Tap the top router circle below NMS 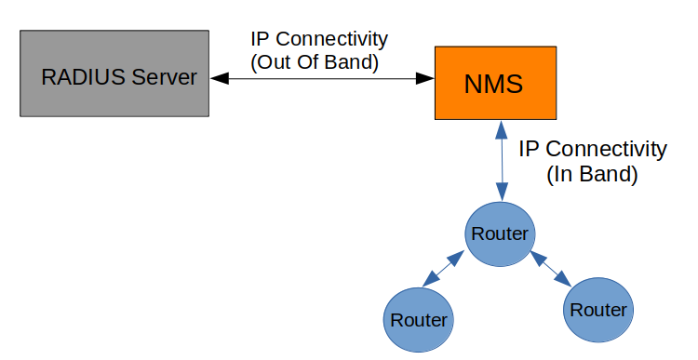[500, 233]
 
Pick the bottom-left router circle [418, 319]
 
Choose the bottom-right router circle [597, 310]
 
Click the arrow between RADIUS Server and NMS [322, 79]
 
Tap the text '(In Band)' [592, 174]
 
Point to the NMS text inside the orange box [493, 84]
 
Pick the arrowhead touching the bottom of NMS [502, 127]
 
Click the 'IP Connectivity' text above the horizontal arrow [319, 40]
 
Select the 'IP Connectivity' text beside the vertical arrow [592, 149]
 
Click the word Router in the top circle [500, 233]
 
